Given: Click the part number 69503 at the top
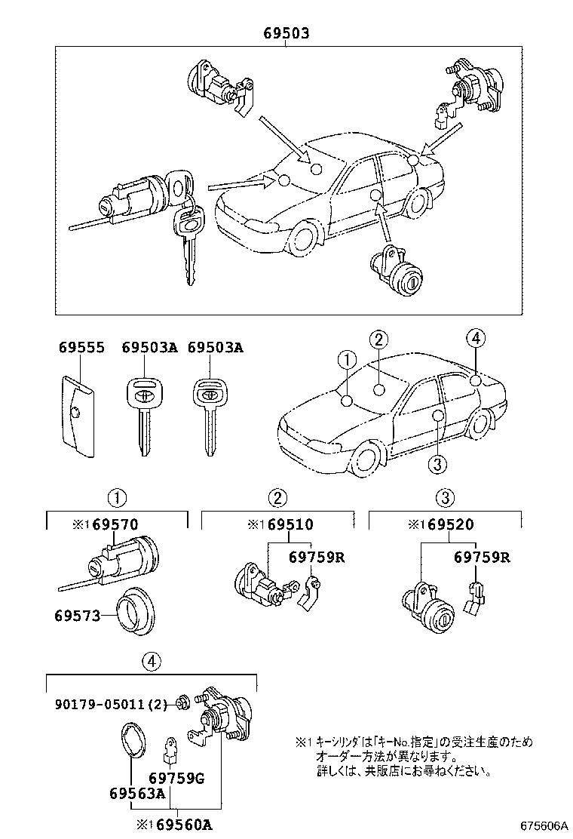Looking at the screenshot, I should [x=286, y=34].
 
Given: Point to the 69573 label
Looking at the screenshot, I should [x=77, y=616].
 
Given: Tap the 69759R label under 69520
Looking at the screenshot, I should [x=482, y=558].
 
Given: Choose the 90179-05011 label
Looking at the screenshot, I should [x=110, y=705].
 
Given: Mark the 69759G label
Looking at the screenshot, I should [x=176, y=778].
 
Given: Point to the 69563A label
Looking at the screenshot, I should [x=136, y=794].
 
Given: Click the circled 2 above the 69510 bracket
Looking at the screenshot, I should [x=277, y=496].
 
